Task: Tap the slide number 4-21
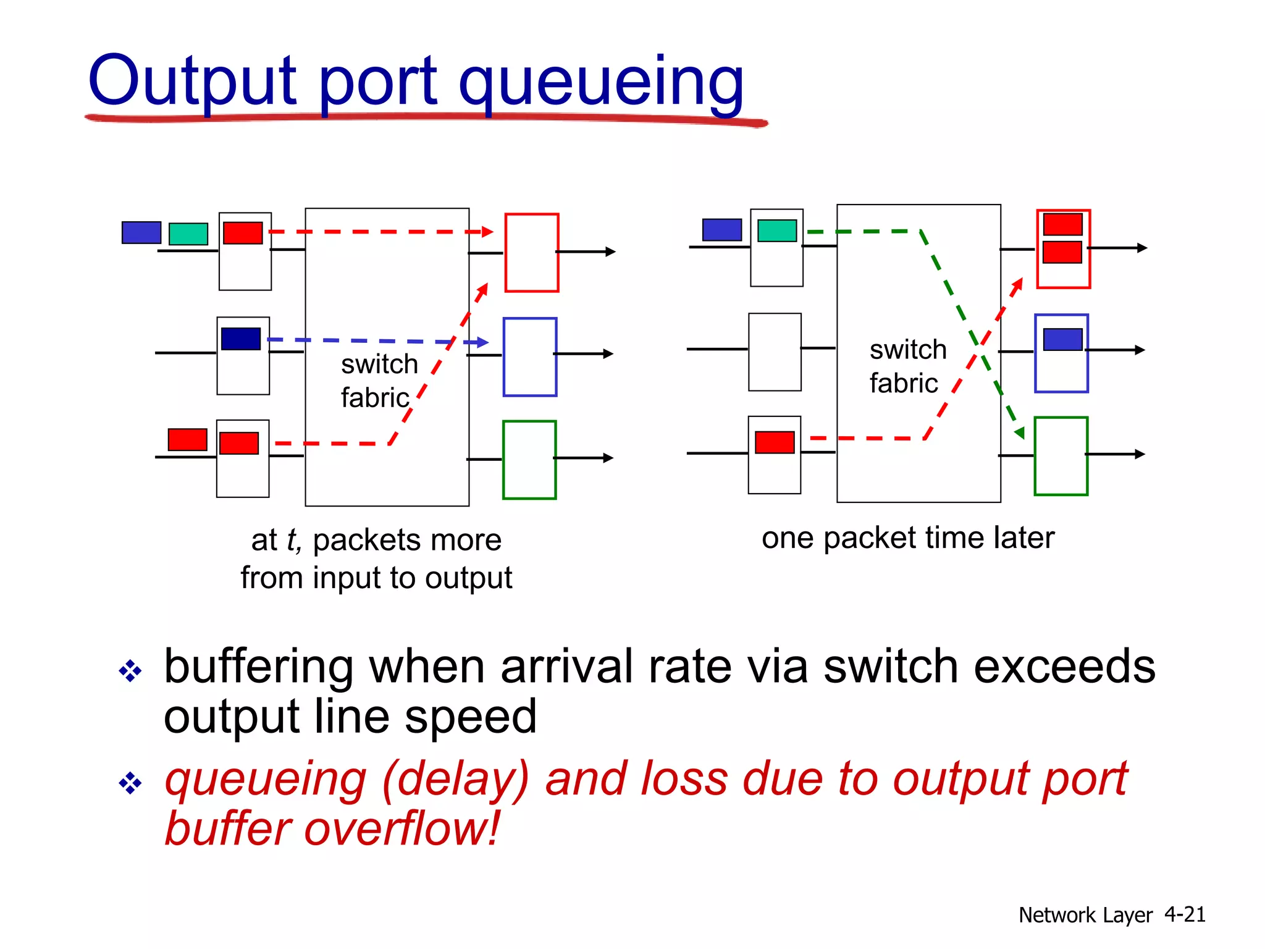[x=1185, y=914]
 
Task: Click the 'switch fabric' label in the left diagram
[x=378, y=381]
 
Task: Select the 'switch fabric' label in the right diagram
[x=907, y=366]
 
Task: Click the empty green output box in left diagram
[x=529, y=460]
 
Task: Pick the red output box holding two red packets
[x=1063, y=248]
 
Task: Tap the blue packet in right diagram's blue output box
[x=1062, y=339]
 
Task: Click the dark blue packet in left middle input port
[x=240, y=339]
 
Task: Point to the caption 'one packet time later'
[x=907, y=538]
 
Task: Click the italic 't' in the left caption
[x=292, y=540]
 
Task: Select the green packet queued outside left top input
[x=188, y=234]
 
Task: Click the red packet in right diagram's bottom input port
[x=775, y=442]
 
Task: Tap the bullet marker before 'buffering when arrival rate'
[x=130, y=670]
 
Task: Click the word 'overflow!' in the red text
[x=401, y=829]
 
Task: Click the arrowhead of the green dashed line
[x=1020, y=433]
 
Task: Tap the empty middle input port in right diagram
[x=775, y=352]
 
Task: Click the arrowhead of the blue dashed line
[x=483, y=342]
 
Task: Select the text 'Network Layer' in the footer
[x=1085, y=915]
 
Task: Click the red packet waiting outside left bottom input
[x=188, y=439]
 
